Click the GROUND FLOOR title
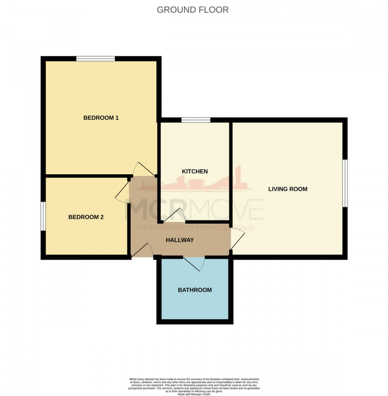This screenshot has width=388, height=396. click(x=193, y=10)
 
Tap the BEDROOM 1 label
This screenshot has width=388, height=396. click(x=101, y=118)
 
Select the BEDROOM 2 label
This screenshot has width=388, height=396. click(x=86, y=217)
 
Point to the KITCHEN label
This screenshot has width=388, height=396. click(x=194, y=171)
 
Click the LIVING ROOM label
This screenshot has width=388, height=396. click(x=287, y=189)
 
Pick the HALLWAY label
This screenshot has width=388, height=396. click(x=180, y=240)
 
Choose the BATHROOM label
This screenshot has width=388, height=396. click(x=195, y=290)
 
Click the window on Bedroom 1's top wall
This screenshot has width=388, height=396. click(x=95, y=59)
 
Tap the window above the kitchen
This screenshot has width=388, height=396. click(x=196, y=120)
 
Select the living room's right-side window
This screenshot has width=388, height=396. click(x=345, y=183)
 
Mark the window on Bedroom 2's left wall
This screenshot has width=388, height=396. click(x=43, y=216)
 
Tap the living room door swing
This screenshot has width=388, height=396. click(x=237, y=239)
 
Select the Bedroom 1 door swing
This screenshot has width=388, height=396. click(x=143, y=169)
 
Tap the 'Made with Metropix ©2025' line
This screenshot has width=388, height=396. click(x=194, y=394)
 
